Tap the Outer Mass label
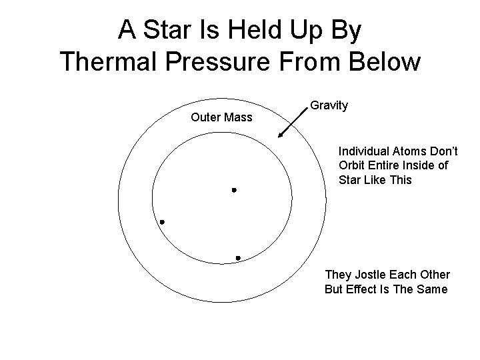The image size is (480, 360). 221,118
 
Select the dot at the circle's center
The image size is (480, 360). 234,191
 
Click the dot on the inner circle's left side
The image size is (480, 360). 162,222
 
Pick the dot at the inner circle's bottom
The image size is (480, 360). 238,257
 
